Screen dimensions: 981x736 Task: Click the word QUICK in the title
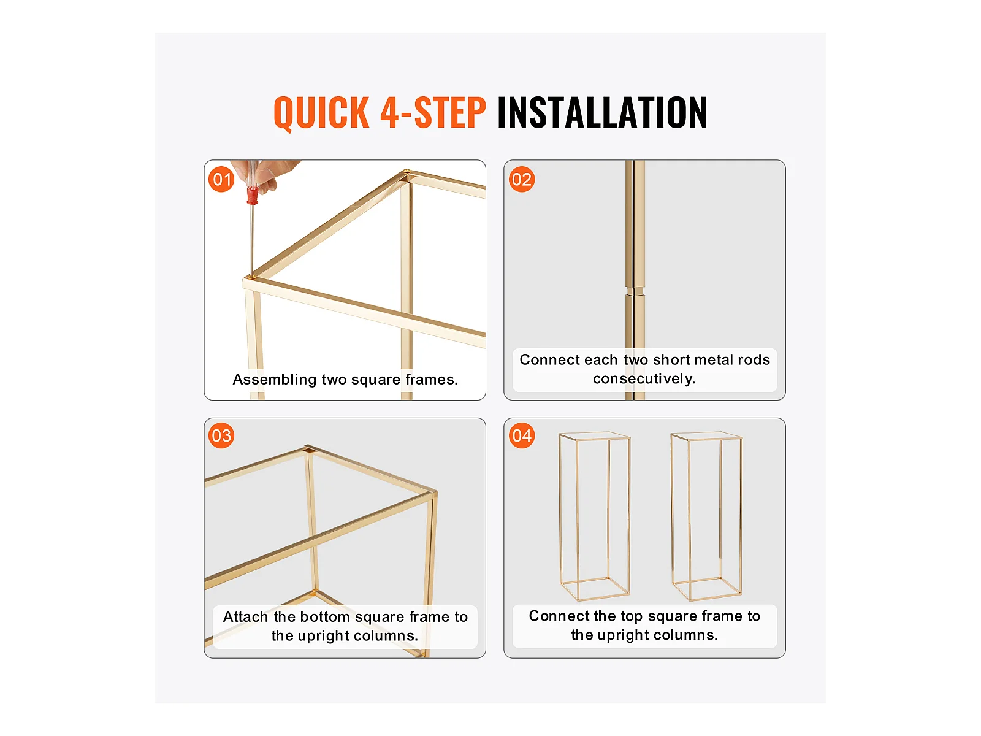coord(321,113)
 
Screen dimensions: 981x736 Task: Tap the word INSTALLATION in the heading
coord(602,112)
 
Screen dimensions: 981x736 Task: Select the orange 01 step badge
coord(221,180)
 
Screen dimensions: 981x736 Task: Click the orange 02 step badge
coord(522,180)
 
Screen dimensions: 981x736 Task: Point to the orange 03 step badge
coord(221,435)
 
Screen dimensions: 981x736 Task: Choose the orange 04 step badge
coord(522,435)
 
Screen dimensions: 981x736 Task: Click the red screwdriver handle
coord(253,196)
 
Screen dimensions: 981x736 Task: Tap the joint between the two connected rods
coord(635,291)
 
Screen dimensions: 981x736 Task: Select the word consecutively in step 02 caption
coord(644,379)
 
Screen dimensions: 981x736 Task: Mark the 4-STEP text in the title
coord(433,112)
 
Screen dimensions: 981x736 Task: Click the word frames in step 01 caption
coord(431,380)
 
